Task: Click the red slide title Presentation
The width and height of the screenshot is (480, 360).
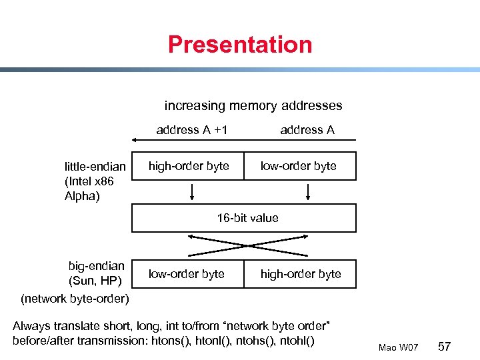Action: pyautogui.click(x=240, y=45)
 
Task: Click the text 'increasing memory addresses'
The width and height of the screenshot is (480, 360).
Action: pyautogui.click(x=253, y=105)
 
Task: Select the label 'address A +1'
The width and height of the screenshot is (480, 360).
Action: pyautogui.click(x=192, y=130)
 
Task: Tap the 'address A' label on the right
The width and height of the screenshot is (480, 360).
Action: pyautogui.click(x=307, y=130)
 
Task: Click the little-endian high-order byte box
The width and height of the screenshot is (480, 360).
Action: pyautogui.click(x=189, y=166)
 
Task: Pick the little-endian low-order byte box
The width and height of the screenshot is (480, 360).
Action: pyautogui.click(x=299, y=166)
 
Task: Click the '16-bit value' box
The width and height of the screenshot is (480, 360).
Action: pyautogui.click(x=244, y=218)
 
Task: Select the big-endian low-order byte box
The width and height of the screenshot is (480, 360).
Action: pyautogui.click(x=187, y=274)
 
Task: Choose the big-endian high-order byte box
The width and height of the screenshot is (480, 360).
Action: pyautogui.click(x=301, y=274)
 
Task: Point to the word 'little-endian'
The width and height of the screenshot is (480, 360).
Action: pyautogui.click(x=95, y=167)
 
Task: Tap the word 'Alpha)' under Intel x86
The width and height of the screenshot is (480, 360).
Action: pyautogui.click(x=81, y=196)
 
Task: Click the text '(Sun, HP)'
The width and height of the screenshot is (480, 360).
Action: pyautogui.click(x=97, y=281)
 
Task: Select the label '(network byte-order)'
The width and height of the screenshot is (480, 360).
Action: pyautogui.click(x=75, y=298)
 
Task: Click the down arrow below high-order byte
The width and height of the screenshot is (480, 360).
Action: pyautogui.click(x=193, y=192)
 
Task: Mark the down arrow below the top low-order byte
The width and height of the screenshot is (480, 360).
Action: pyautogui.click(x=308, y=192)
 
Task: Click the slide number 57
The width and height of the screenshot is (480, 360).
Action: pyautogui.click(x=445, y=347)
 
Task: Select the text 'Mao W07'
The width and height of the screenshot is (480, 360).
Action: pyautogui.click(x=398, y=348)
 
